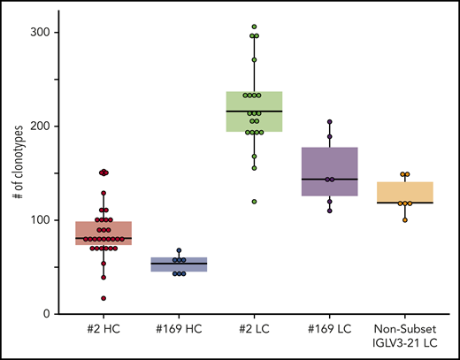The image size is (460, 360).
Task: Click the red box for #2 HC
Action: coord(103,234)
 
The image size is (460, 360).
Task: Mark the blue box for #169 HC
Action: coord(179,264)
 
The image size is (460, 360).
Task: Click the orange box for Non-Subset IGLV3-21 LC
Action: coord(405,193)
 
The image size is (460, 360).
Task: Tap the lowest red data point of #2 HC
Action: coord(103,298)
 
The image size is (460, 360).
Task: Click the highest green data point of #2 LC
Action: coord(255,27)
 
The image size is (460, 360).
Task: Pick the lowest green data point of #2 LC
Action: coord(255,202)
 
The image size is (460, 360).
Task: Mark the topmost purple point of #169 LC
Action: coord(330,122)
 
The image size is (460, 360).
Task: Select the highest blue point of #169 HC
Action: coord(179,250)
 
